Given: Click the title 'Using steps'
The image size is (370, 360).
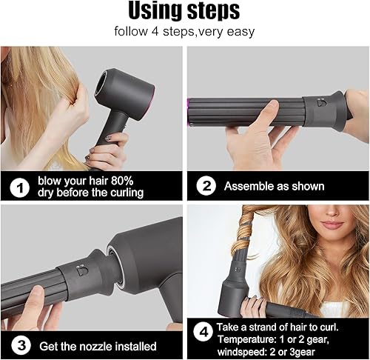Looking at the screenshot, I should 184,11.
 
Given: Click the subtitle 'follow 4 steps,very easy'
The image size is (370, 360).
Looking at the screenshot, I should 184,33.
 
